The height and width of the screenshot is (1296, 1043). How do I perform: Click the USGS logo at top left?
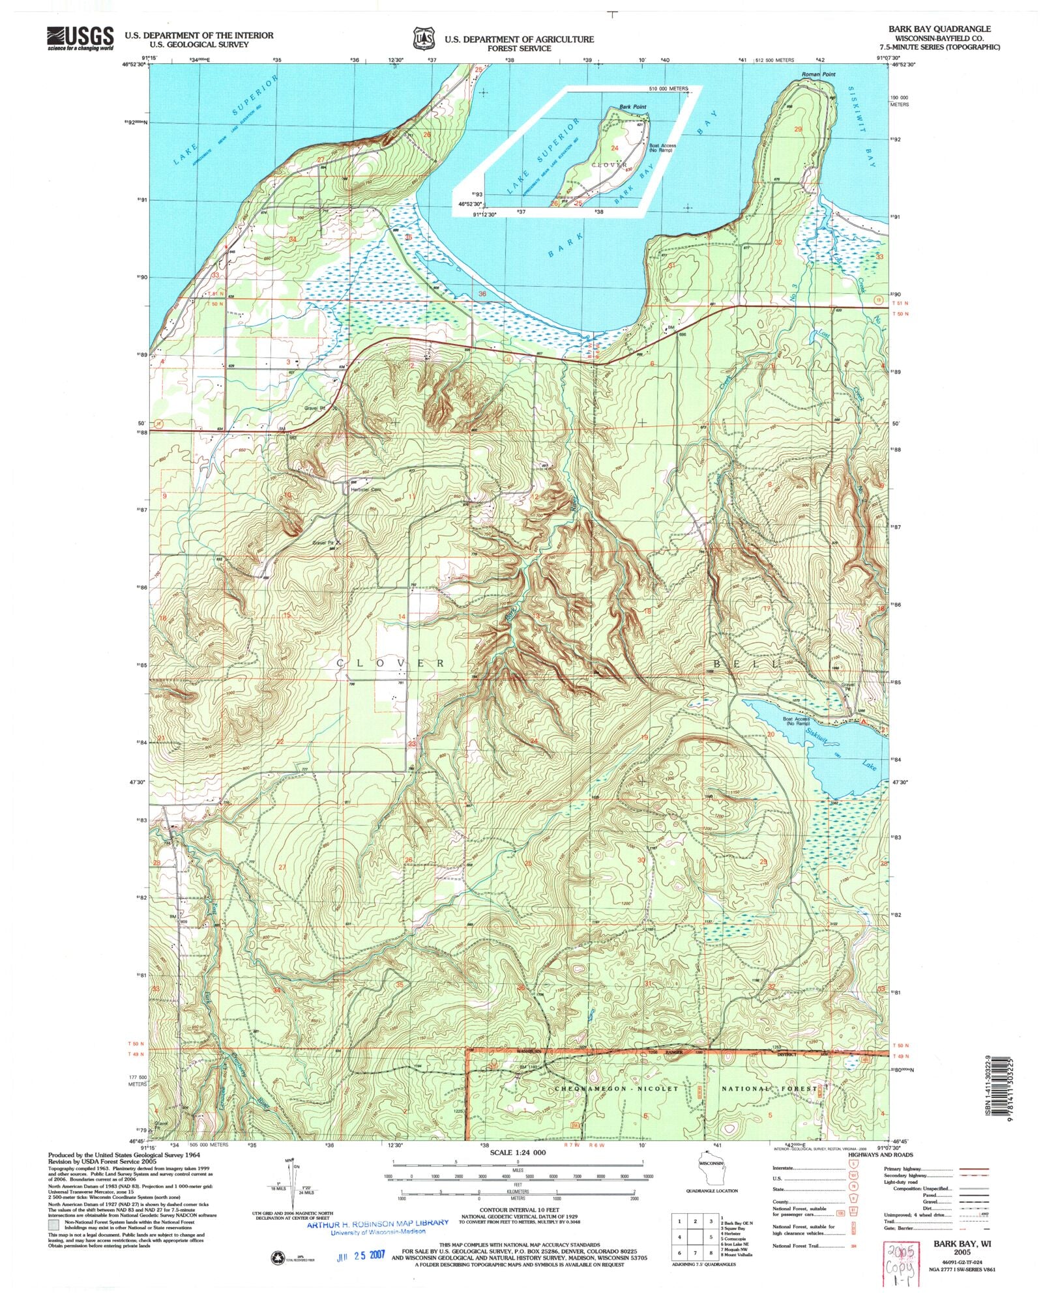[80, 39]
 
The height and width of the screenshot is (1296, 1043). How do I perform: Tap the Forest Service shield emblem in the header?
[423, 38]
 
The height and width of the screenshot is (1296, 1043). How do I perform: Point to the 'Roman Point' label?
[818, 74]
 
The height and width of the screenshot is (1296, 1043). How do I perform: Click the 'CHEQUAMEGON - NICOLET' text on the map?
[616, 1089]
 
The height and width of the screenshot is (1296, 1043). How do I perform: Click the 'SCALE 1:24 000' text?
[518, 1152]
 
